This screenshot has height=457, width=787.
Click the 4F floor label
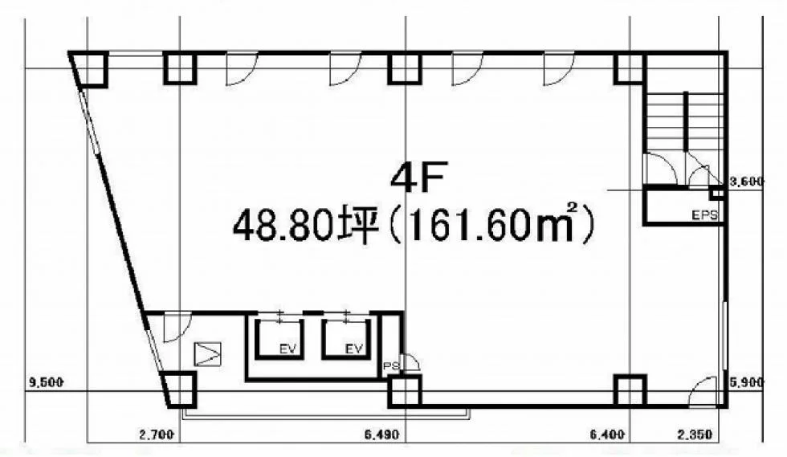point(418,179)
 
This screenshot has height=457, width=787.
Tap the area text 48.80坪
point(305,226)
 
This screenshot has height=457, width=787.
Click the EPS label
point(705,215)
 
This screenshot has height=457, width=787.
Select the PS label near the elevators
point(391,366)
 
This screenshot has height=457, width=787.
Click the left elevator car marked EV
point(279,339)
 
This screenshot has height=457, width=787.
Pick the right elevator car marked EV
point(346,339)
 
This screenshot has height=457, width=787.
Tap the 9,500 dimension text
point(47,382)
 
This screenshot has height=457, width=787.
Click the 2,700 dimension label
point(157,434)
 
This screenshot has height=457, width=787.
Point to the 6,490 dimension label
point(382,434)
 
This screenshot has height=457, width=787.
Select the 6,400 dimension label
point(607,434)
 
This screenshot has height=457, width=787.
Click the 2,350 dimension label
point(695,434)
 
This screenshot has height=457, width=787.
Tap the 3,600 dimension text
point(746,182)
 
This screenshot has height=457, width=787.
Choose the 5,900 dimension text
point(746,382)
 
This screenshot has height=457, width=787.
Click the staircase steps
point(684,121)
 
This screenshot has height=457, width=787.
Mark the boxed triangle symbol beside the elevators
point(207,353)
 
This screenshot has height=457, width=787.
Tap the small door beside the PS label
point(411,362)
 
